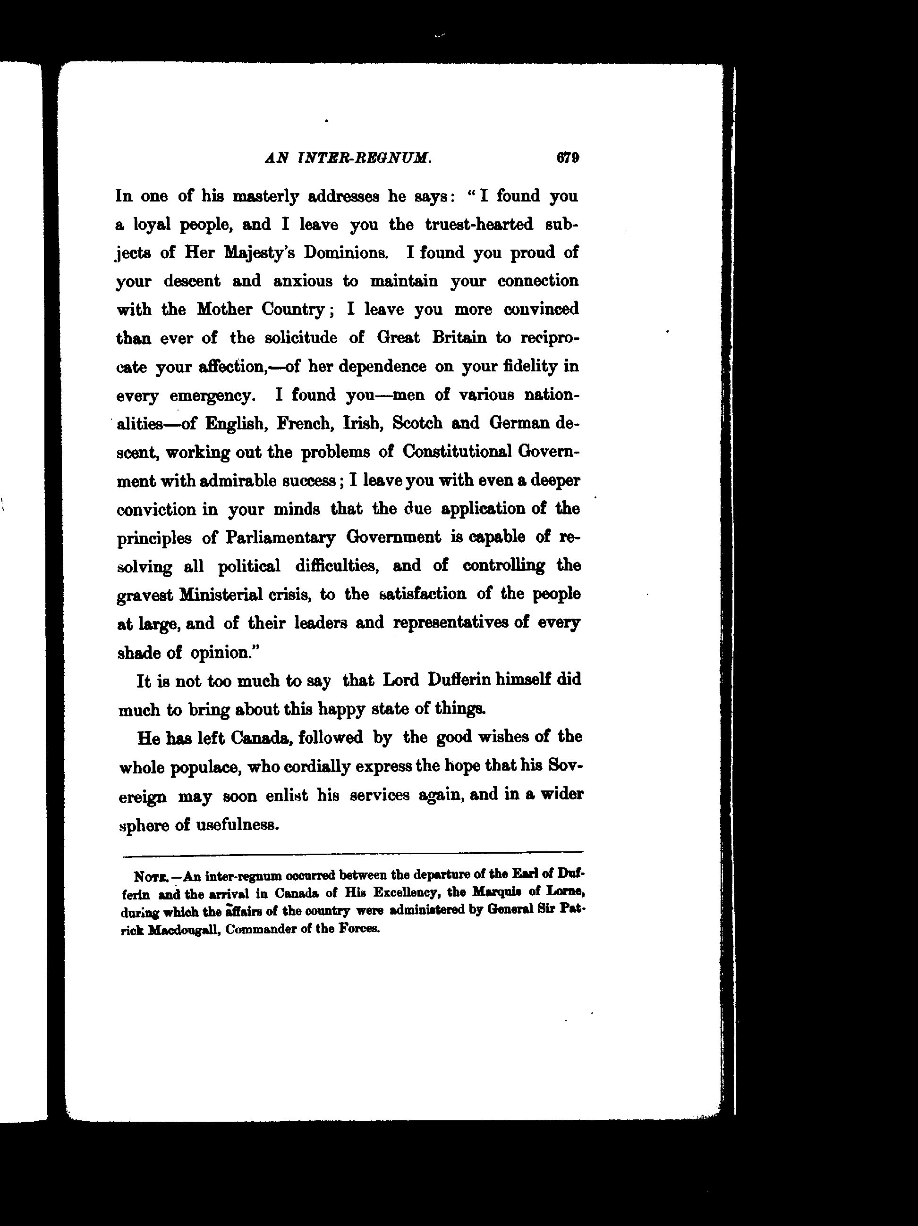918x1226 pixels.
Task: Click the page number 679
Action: (568, 158)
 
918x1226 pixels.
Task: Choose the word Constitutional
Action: (457, 452)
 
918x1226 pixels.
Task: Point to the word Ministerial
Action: (221, 595)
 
